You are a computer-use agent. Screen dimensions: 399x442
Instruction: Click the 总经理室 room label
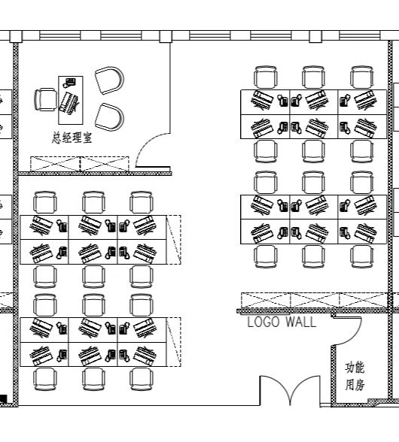[72, 138]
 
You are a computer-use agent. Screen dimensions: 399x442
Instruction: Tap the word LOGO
[263, 322]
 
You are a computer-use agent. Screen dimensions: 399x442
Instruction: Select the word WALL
[300, 322]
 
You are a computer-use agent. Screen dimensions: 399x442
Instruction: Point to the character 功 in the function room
[349, 368]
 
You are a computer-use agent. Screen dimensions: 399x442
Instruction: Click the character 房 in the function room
[359, 385]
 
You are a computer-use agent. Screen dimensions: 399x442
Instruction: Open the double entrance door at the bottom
[290, 390]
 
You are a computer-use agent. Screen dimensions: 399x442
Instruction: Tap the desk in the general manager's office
[71, 100]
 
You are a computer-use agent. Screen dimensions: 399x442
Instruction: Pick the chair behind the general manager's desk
[45, 99]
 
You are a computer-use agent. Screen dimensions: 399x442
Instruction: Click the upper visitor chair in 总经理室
[109, 80]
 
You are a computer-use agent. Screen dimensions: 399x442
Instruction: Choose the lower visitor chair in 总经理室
[109, 117]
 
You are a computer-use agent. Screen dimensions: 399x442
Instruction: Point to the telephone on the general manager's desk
[69, 82]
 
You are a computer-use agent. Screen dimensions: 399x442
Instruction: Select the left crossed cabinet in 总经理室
[56, 164]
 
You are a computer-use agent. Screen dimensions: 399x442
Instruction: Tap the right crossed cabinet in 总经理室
[105, 164]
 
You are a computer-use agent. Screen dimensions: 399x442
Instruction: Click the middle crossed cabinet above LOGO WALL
[314, 301]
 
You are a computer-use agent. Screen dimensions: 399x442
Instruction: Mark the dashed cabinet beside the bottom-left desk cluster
[174, 341]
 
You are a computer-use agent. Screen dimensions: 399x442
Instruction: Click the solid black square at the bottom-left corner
[3, 399]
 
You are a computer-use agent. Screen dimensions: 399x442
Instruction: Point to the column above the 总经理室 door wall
[166, 37]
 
